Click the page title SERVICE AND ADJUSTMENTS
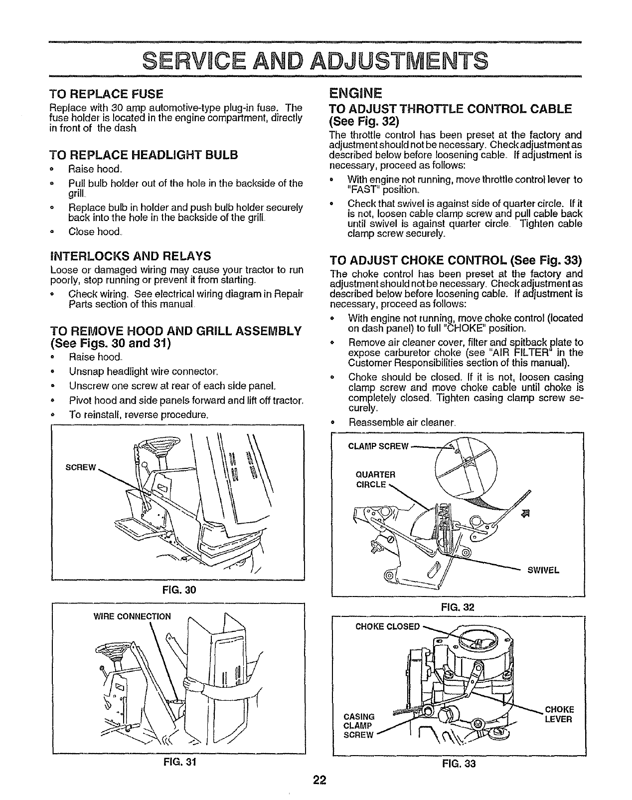(316, 61)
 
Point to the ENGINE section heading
(355, 93)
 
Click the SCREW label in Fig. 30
(80, 467)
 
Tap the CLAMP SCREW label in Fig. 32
(378, 445)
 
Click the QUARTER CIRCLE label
(375, 479)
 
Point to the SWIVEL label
(543, 570)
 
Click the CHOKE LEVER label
(559, 714)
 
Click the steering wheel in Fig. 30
(156, 443)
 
